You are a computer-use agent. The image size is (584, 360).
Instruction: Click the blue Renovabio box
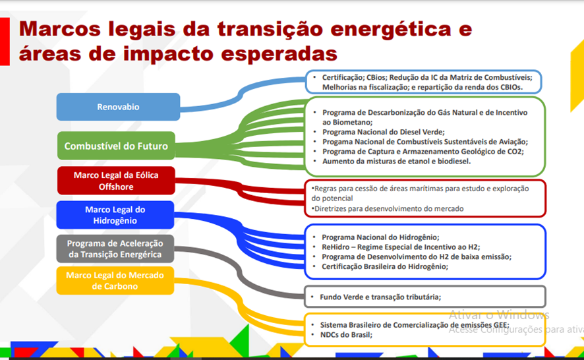point(118,107)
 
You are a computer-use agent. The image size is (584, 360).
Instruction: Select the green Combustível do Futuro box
point(116,146)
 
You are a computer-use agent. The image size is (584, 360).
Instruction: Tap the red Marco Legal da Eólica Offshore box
point(116,181)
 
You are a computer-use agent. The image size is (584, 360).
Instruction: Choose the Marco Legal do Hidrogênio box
point(115,215)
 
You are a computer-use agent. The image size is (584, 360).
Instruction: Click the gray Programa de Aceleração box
point(115,249)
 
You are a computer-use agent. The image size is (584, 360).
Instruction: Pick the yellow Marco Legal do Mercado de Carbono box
point(115,281)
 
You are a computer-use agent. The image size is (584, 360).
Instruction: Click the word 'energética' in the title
point(391,30)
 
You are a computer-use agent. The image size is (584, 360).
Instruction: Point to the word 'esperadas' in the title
point(279,53)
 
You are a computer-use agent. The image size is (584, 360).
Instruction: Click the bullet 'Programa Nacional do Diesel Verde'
point(384,132)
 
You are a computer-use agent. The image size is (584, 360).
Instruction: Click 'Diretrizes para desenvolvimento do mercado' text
point(388,209)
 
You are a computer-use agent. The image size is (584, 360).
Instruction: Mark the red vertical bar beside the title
point(5,42)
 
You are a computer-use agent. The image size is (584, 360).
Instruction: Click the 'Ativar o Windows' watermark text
point(499,315)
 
